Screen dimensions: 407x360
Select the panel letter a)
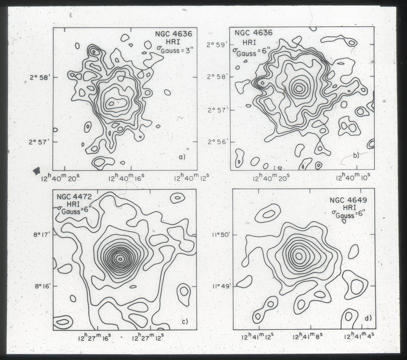click(x=182, y=157)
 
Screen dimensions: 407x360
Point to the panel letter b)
click(x=356, y=155)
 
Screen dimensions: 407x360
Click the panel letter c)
click(x=184, y=321)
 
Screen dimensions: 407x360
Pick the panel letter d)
click(x=368, y=318)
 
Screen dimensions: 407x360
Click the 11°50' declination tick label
click(x=220, y=235)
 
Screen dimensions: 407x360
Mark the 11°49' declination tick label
click(x=220, y=286)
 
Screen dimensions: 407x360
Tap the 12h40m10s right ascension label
click(x=353, y=177)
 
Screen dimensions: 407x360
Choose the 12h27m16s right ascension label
click(x=95, y=338)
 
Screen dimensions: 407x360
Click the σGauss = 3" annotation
click(x=175, y=49)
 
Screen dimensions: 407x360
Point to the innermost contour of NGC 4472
click(x=120, y=259)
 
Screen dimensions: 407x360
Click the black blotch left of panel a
click(x=37, y=170)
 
